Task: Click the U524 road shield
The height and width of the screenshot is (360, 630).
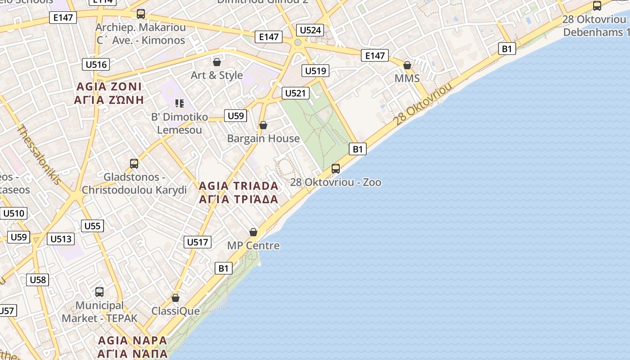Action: point(310,30)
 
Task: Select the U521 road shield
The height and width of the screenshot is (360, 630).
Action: point(295,93)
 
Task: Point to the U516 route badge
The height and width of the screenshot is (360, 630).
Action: point(96,64)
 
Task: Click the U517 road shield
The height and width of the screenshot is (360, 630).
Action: point(198,242)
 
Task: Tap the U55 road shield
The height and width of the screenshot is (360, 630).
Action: point(93,226)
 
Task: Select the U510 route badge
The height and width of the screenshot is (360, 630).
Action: point(14,213)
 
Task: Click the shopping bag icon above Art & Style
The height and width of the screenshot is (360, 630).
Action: point(217,62)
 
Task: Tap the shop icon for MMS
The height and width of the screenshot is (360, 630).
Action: point(407,66)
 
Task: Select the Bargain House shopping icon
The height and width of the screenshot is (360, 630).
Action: point(263,125)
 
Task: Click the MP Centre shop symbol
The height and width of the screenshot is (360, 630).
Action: point(253,232)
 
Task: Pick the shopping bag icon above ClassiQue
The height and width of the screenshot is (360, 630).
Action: point(175,298)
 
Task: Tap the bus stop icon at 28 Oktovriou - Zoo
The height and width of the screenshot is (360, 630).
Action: point(336,169)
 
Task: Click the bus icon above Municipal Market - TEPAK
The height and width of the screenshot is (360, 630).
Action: point(99,292)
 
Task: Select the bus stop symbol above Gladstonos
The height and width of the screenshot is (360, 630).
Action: point(134,164)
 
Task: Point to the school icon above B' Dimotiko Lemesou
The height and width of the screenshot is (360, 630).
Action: point(180,104)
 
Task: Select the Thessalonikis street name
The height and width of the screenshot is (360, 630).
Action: point(39,154)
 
